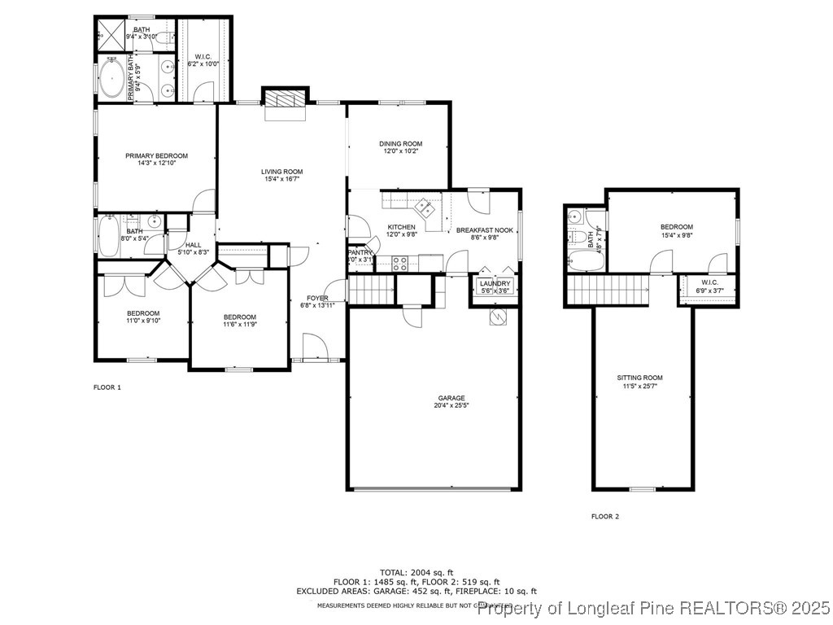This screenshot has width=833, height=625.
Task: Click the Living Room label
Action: (281, 172)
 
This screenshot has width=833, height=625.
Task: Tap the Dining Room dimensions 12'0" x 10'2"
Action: (401, 151)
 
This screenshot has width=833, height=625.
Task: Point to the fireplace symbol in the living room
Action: (284, 99)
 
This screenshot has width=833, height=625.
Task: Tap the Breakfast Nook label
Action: (484, 230)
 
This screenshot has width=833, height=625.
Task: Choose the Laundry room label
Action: (495, 283)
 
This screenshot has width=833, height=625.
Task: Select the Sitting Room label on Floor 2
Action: (639, 378)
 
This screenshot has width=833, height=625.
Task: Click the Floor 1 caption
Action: (107, 387)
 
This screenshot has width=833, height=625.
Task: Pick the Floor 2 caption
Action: (604, 516)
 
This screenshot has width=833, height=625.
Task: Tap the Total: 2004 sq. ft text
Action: (416, 572)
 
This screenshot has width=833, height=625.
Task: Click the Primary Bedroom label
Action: (156, 155)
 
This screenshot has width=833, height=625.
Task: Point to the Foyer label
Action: (317, 298)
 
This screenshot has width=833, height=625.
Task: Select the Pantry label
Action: (360, 253)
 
